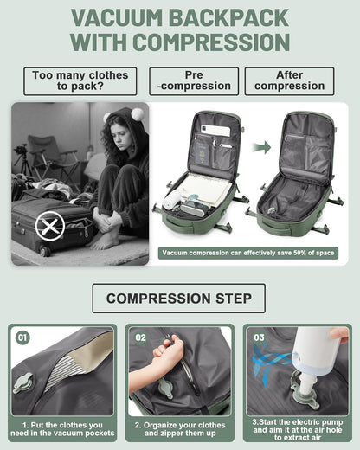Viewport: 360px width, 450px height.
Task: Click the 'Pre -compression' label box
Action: [194, 81]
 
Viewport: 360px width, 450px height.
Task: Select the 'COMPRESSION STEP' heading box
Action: [179, 299]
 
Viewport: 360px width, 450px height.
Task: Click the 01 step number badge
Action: [23, 337]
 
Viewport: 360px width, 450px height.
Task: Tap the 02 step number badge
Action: [141, 337]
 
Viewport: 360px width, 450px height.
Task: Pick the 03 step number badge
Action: [258, 337]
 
